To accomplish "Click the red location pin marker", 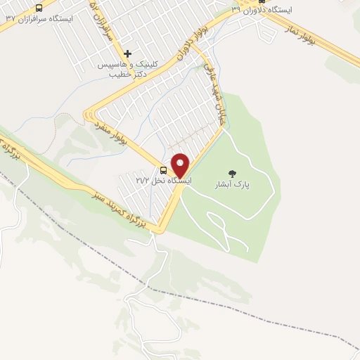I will pos(181,165).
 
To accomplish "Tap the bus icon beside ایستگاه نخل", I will pos(164,170).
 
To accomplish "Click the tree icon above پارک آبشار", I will pos(233,172).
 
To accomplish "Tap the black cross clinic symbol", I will pos(127,53).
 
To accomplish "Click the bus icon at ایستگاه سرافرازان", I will pos(38,8).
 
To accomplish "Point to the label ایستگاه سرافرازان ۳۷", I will pos(38,19).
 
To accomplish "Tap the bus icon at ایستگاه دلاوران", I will pos(262,2).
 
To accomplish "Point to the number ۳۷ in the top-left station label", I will pos(10,19).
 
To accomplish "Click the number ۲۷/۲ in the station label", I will pos(141,181).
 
